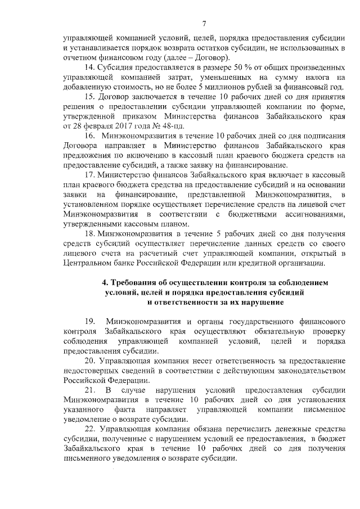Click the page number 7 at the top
[205, 23]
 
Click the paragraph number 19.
[90, 322]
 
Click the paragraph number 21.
[90, 390]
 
